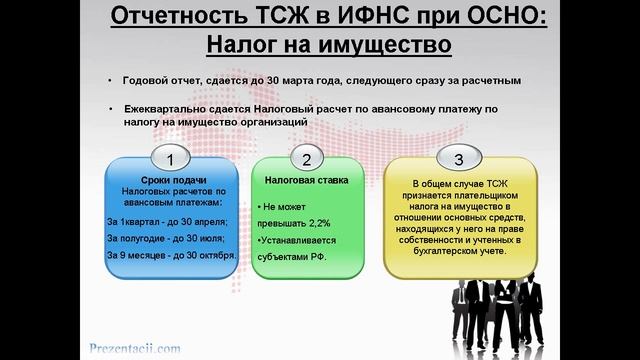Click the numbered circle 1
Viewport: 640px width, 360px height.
[x=172, y=158]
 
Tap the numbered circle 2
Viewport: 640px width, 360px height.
[x=308, y=158]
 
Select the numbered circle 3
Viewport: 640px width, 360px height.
[x=458, y=158]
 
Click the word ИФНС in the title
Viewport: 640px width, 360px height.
[x=364, y=17]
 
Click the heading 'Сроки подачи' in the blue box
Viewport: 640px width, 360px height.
[x=173, y=179]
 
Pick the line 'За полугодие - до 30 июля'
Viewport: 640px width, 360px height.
[x=166, y=237]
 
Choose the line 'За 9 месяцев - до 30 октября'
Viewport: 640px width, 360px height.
[x=171, y=255]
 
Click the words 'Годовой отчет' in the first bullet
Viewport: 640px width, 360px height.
[x=154, y=80]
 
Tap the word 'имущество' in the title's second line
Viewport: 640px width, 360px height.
[x=385, y=45]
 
